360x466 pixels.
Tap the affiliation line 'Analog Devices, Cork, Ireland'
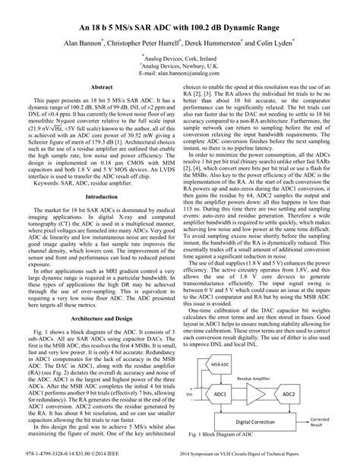tap(181, 58)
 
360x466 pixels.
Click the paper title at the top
tap(180, 27)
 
